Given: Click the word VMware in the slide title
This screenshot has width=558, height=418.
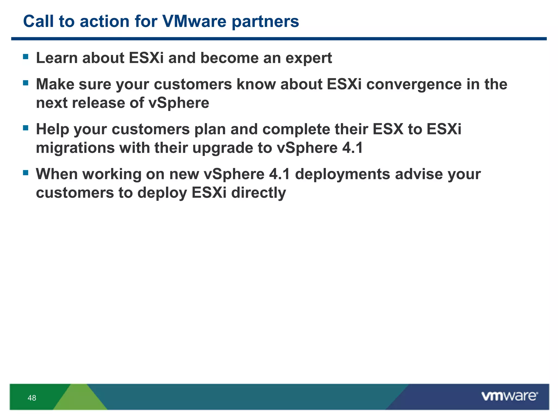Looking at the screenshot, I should coord(194,21).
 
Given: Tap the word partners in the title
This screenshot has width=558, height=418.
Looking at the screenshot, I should coord(265,22).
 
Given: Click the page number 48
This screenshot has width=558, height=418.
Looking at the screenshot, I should coord(32,398).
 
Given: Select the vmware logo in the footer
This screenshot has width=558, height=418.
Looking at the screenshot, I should coord(509,396).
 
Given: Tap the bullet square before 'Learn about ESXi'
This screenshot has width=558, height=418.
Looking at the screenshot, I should coord(26,57).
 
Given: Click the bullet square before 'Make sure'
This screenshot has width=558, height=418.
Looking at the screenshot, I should coord(26,83).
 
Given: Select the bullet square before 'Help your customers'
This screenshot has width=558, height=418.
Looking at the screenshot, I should coord(26,128).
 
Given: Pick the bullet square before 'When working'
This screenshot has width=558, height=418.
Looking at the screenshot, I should coord(26,173).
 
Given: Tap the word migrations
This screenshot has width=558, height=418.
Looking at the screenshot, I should coord(75,148).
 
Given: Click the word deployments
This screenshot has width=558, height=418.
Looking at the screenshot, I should coord(342,174).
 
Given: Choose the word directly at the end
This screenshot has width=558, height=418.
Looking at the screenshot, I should coord(259,193).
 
